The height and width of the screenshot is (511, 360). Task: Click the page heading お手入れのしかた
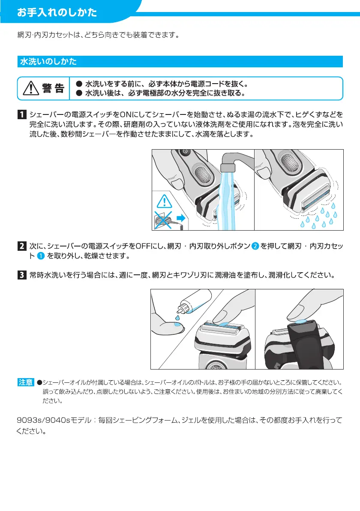coord(57,12)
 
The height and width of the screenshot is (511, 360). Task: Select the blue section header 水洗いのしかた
coord(48,62)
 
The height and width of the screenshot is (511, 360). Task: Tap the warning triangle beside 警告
coord(31,88)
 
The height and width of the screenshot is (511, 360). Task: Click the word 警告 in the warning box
coord(53,88)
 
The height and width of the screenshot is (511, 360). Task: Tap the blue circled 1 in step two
coord(38,256)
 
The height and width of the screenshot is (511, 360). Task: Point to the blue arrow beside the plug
coord(180,219)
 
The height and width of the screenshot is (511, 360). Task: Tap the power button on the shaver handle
coord(185,152)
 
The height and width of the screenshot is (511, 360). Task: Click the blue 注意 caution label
coord(25,382)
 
